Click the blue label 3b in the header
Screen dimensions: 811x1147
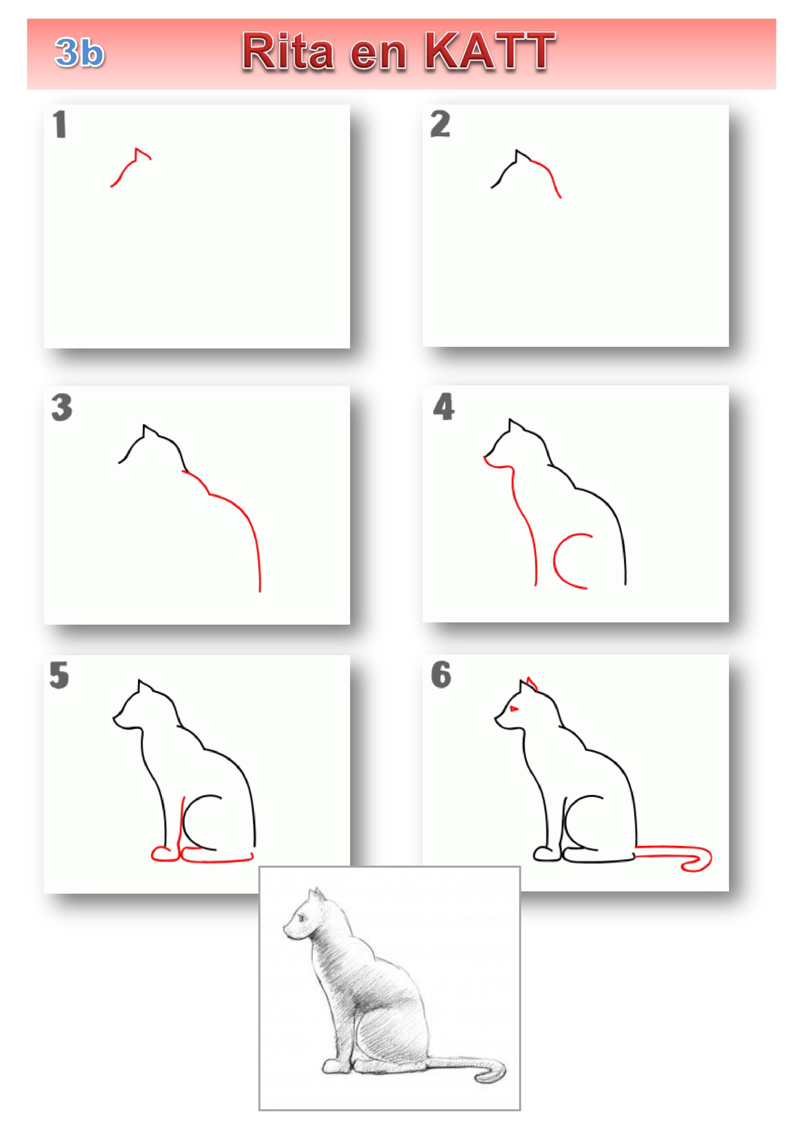tap(79, 52)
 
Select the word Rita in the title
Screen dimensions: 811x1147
tap(288, 51)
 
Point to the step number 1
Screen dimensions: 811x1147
tap(60, 125)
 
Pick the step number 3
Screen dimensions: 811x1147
tap(62, 407)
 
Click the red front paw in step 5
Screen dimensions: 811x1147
tap(165, 854)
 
